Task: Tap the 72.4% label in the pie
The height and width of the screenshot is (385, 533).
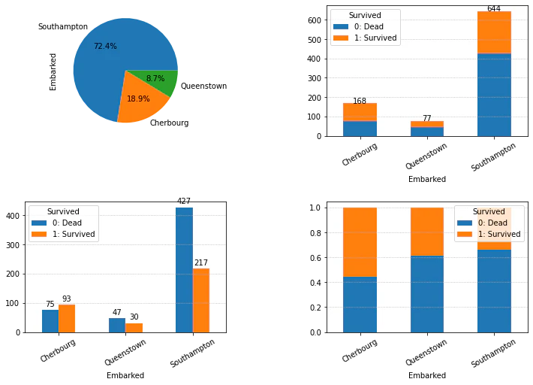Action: point(105,46)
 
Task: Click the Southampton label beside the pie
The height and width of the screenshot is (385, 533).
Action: point(63,26)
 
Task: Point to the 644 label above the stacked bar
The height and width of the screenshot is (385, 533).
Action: point(494,8)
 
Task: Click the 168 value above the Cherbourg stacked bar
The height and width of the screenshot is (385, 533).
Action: point(360,101)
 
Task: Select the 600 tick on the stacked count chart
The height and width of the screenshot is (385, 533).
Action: point(315,20)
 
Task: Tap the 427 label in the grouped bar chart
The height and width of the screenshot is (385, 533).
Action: point(184,201)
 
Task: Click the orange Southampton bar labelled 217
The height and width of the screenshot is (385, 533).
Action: point(201,301)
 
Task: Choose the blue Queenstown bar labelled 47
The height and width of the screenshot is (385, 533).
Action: point(117,326)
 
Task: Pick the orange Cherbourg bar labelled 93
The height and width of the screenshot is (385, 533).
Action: point(67,319)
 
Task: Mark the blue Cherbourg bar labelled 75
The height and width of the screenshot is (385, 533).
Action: point(50,321)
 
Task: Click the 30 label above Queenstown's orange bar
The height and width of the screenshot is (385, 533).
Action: point(134,317)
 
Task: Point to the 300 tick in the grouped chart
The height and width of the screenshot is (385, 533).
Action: point(13,245)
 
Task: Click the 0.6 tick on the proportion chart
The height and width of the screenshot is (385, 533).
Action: point(315,258)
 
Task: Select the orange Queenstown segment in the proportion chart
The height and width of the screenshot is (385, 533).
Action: point(427,232)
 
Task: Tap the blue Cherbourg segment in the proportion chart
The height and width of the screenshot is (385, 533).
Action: point(360,305)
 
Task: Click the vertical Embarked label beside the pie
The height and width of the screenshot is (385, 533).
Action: point(53,72)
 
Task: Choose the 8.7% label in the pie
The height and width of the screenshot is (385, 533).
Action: point(155,78)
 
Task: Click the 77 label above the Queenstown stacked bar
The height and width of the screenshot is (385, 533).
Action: point(427,118)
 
